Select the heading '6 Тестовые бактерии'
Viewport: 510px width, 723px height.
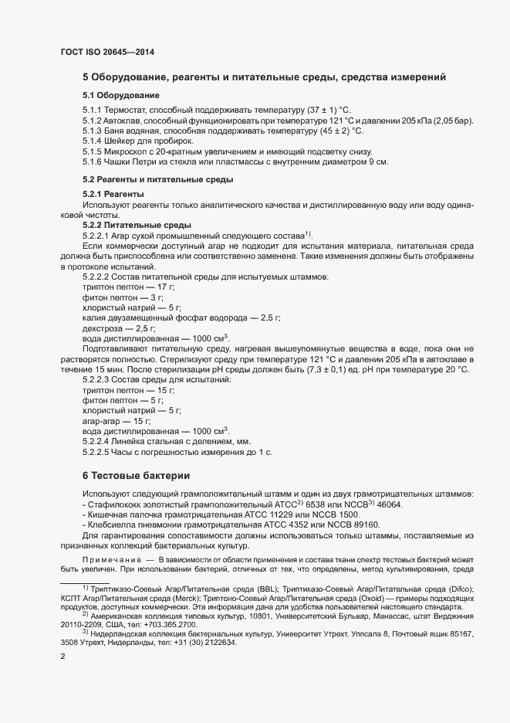[135, 474]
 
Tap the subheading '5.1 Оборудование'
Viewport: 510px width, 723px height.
[121, 95]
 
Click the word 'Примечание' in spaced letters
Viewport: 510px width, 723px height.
[113, 558]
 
